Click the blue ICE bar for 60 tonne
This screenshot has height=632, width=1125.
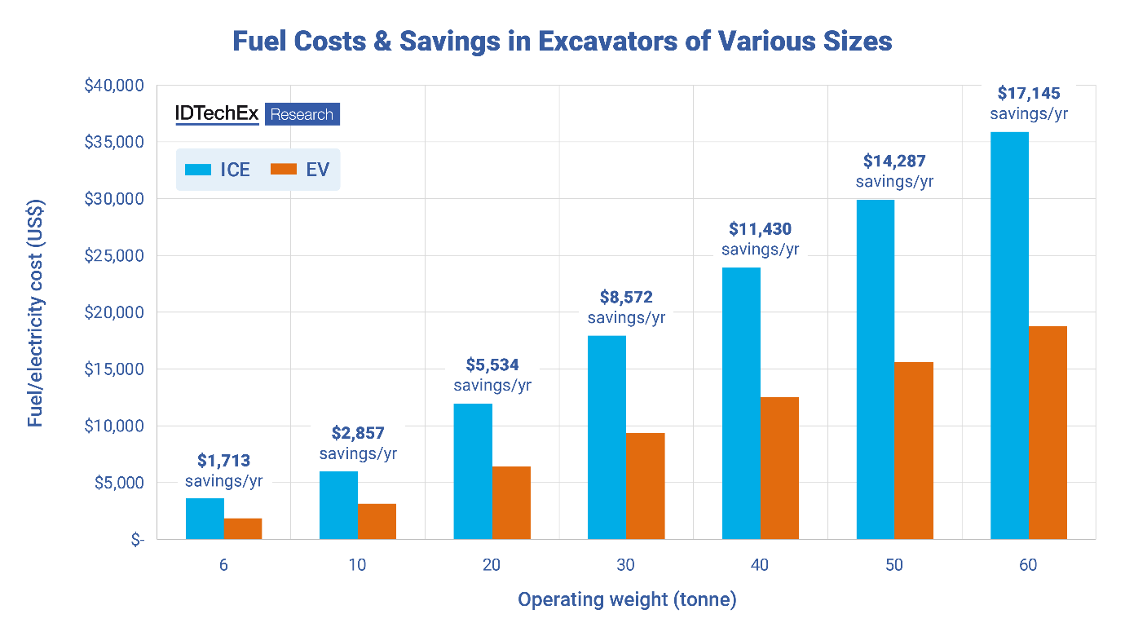click(1009, 335)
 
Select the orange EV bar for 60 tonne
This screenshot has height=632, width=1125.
click(1048, 432)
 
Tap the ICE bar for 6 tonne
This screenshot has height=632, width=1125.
click(205, 519)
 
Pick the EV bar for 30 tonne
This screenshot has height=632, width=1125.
click(646, 486)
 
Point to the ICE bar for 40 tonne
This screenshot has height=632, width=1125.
click(741, 403)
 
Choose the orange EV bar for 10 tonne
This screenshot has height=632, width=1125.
click(377, 521)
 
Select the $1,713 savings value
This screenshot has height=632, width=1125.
click(224, 461)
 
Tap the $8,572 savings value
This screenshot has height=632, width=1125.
click(626, 297)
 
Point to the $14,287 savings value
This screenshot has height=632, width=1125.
click(894, 161)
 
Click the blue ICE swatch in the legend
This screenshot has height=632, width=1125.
click(198, 170)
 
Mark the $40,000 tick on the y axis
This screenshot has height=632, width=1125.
click(114, 86)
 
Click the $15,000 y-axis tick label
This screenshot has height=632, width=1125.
click(114, 369)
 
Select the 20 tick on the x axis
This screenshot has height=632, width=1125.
click(492, 564)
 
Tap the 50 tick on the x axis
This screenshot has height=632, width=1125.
click(894, 564)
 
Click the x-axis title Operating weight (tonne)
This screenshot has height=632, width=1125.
click(627, 600)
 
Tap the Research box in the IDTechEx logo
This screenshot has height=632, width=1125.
click(302, 114)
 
